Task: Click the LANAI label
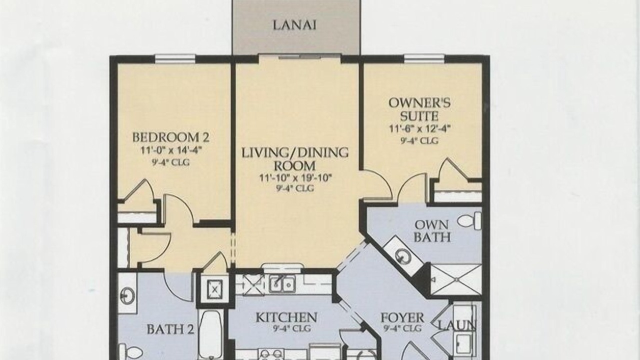click(x=294, y=25)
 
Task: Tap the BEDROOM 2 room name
click(x=170, y=137)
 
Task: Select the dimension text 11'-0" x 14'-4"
click(x=171, y=150)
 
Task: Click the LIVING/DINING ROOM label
click(x=295, y=159)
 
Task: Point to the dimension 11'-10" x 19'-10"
click(x=295, y=178)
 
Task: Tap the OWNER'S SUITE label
click(x=419, y=109)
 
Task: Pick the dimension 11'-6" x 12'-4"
click(x=419, y=129)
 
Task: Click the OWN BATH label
click(x=431, y=231)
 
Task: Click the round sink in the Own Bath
click(x=403, y=257)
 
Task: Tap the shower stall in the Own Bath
click(x=456, y=279)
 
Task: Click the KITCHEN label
click(x=286, y=317)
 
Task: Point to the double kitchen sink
click(x=281, y=283)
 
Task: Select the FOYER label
click(x=402, y=317)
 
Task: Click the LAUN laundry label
click(x=457, y=325)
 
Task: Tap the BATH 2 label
click(x=170, y=329)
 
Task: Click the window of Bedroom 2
click(x=175, y=58)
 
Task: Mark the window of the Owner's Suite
click(x=424, y=58)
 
